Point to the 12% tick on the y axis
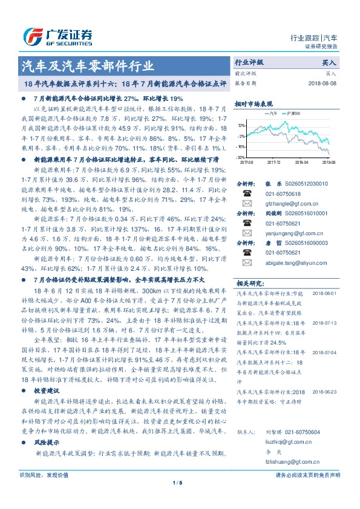tap(241, 125)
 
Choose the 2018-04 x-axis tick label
tap(301, 162)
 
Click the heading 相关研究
tap(249, 283)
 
